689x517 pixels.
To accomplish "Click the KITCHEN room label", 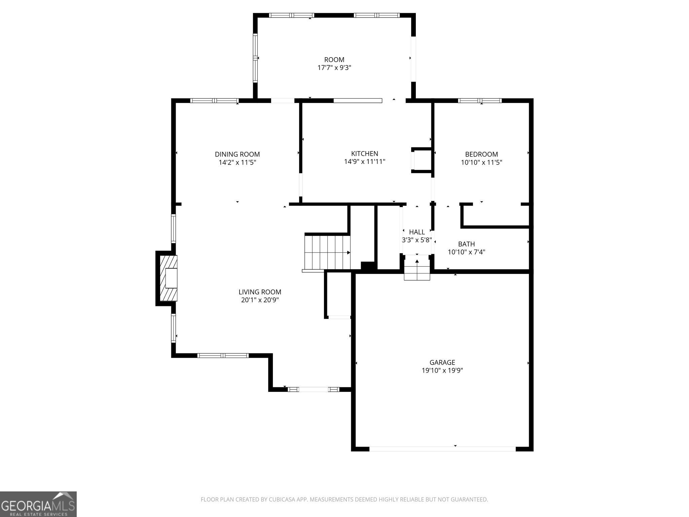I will pyautogui.click(x=364, y=154).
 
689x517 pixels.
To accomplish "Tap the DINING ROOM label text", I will pyautogui.click(x=237, y=154).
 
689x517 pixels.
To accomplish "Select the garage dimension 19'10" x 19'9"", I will pyautogui.click(x=442, y=371).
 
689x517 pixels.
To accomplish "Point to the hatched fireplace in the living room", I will pyautogui.click(x=169, y=278).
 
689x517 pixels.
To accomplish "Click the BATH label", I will pyautogui.click(x=466, y=244).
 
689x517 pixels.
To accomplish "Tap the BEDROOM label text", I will pyautogui.click(x=481, y=154).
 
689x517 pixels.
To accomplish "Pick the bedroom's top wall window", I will pyautogui.click(x=480, y=100).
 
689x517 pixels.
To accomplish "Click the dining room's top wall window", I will pyautogui.click(x=214, y=100).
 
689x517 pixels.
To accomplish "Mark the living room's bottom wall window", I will pyautogui.click(x=223, y=355).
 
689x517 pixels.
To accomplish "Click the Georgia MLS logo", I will pyautogui.click(x=38, y=504).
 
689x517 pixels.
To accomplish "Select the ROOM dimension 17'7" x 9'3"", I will pyautogui.click(x=334, y=68).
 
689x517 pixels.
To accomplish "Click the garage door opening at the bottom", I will pyautogui.click(x=442, y=449).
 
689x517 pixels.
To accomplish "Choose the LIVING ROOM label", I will pyautogui.click(x=260, y=292).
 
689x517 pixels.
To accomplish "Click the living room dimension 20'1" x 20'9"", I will pyautogui.click(x=260, y=300).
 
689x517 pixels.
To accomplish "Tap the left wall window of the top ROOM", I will pyautogui.click(x=255, y=58).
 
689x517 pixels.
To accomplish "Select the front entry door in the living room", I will pyautogui.click(x=314, y=389).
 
